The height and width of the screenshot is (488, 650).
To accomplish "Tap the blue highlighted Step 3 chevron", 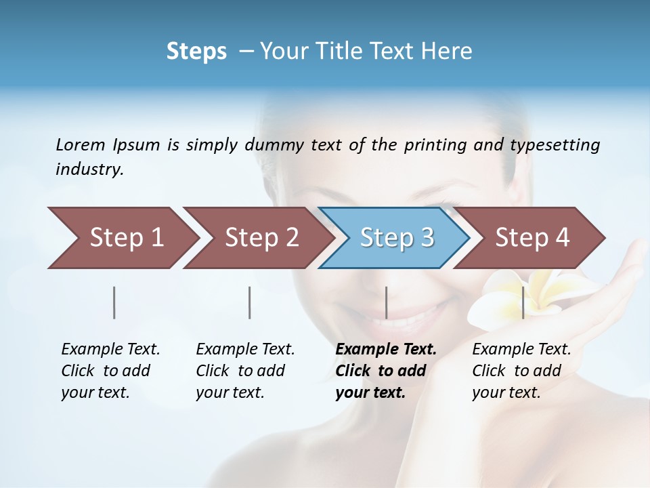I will [397, 238].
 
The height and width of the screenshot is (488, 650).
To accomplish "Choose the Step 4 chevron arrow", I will [532, 238].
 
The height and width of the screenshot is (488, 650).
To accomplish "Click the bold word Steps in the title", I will [196, 51].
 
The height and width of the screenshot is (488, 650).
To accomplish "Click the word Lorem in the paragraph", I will [80, 144].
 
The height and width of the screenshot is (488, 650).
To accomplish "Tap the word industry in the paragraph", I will [89, 169].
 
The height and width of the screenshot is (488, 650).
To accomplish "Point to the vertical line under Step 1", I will [114, 302].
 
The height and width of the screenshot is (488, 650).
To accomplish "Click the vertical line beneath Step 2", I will [250, 302].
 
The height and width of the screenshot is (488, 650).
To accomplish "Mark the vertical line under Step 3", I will [386, 302].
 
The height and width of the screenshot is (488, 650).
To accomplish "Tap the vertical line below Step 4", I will [523, 302].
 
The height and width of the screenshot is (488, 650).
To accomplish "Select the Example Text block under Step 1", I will [110, 371].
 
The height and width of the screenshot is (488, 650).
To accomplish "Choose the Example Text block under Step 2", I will [245, 371].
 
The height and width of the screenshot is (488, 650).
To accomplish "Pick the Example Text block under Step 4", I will [521, 371].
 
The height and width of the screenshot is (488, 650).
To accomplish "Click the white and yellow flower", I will [504, 298].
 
